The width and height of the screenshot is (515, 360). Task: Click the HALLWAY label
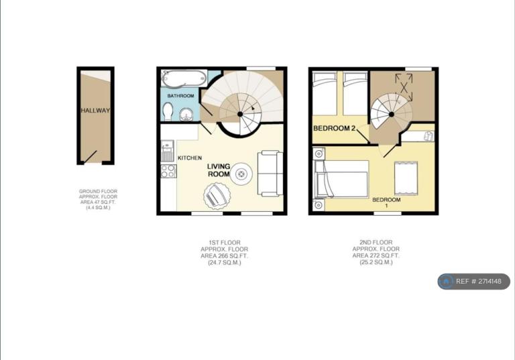(x=95, y=111)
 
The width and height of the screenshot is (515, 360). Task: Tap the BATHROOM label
(x=180, y=96)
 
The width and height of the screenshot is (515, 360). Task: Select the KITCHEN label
(x=190, y=158)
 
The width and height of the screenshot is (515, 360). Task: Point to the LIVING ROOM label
(x=219, y=170)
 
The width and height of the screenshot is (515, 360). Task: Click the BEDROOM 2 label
(x=335, y=128)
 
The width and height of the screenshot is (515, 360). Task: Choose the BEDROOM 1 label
(x=386, y=202)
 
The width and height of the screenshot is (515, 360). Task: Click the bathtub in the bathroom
(x=184, y=78)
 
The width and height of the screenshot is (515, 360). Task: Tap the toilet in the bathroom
(x=168, y=111)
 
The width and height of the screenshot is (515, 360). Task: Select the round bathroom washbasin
(x=186, y=115)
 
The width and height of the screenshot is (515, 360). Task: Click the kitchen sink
(x=168, y=151)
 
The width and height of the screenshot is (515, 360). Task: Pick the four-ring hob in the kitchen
(x=168, y=171)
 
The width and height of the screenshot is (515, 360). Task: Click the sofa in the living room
(x=270, y=174)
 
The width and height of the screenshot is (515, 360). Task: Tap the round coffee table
(x=241, y=174)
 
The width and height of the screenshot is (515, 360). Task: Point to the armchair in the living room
(x=217, y=196)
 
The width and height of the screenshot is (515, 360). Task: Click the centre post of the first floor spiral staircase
(x=240, y=114)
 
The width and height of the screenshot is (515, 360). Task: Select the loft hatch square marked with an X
(x=404, y=87)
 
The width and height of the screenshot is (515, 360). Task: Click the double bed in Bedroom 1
(x=341, y=180)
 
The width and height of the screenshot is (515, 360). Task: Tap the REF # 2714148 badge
(x=474, y=282)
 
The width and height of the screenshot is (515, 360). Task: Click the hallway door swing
(x=90, y=157)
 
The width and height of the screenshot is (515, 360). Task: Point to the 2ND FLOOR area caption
(x=376, y=252)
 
